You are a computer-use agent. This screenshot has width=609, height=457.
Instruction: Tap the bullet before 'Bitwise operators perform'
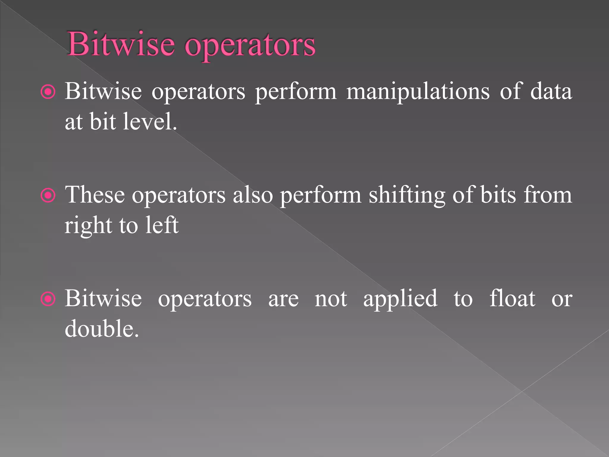[48, 92]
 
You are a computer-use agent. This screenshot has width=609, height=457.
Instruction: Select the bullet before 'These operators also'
[48, 195]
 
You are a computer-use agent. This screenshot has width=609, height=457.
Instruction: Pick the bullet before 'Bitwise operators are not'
[48, 299]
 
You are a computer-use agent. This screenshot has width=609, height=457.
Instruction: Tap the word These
[95, 195]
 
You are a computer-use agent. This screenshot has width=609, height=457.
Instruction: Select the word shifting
[407, 196]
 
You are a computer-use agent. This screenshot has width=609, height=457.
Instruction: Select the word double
[101, 328]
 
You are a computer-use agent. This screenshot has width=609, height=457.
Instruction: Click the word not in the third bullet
[331, 299]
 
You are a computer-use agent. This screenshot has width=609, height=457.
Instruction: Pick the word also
[253, 195]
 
